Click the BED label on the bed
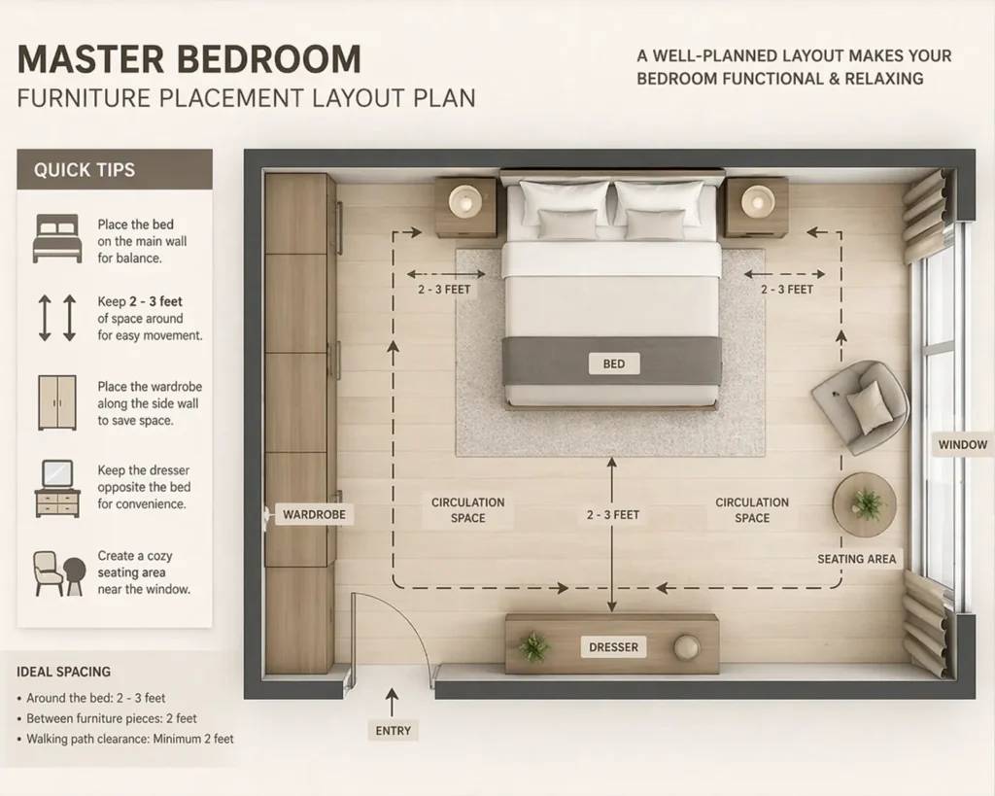[x=613, y=364]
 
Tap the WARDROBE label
[x=314, y=514]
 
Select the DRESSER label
[x=613, y=647]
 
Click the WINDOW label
[x=962, y=445]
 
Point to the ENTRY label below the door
[x=393, y=731]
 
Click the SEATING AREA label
[x=858, y=559]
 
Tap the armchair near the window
[x=861, y=405]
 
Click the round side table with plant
[x=865, y=504]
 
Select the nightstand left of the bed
[x=465, y=206]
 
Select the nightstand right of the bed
[x=756, y=206]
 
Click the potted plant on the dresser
[x=533, y=646]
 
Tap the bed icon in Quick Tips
[x=57, y=239]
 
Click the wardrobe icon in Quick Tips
[x=57, y=401]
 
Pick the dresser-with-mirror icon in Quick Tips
[x=57, y=488]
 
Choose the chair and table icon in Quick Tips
[x=58, y=573]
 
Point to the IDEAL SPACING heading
[x=64, y=672]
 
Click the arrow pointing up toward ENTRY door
[x=393, y=699]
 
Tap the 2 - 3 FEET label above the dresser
[x=612, y=514]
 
